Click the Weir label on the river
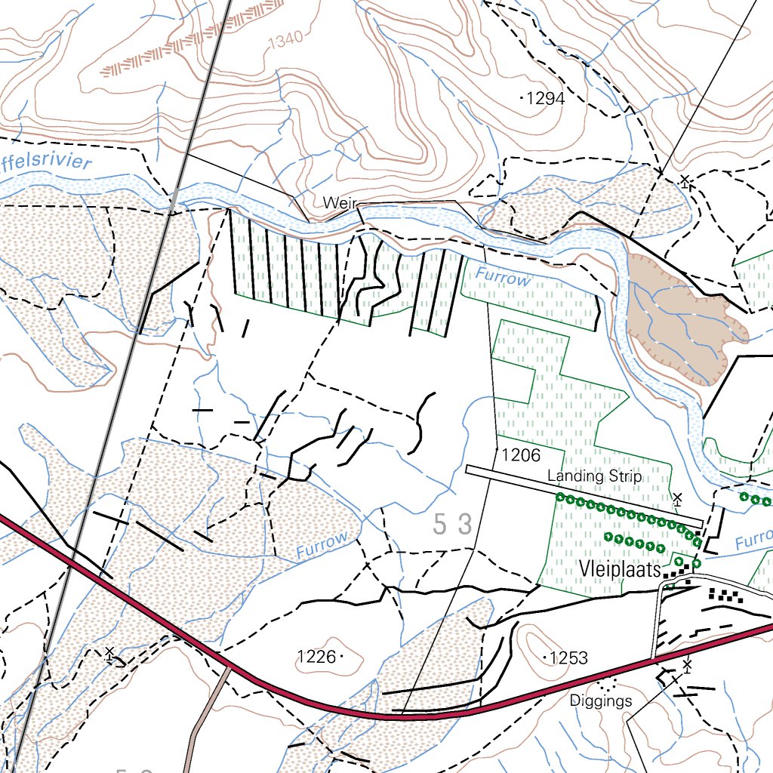pos(338,203)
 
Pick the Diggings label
pos(601,701)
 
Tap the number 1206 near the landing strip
pos(521,455)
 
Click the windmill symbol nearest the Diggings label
pos(687,666)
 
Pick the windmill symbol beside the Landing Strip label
pos(677,498)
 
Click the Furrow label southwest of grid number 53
pos(322,545)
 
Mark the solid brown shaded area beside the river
pos(679,317)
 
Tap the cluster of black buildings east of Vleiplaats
pos(724,596)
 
